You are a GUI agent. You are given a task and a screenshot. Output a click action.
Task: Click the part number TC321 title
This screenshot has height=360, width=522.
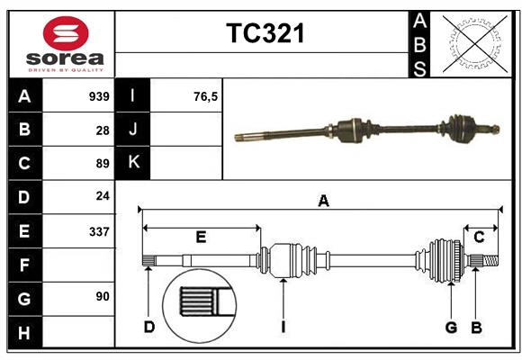pos(265,33)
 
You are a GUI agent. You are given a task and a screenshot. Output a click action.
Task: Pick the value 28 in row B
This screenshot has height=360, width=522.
pos(103,130)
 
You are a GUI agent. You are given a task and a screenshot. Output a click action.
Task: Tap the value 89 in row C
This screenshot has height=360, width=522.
pos(103,164)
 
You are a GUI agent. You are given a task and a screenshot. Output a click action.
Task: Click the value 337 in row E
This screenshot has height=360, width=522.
pos(99,231)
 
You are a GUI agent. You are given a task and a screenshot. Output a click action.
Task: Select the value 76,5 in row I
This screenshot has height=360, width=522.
pos(206,95)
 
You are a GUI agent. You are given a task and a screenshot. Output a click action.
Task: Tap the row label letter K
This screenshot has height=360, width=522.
pos(133,163)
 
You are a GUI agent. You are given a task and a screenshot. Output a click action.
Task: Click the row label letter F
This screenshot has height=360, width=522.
pos(24,265)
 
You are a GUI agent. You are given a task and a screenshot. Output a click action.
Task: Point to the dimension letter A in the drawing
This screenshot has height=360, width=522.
pos(323,202)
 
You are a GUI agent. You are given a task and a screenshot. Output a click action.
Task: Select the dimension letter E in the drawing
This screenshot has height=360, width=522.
pos(201,237)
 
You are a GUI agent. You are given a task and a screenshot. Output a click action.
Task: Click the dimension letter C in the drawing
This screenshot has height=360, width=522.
pos(480,237)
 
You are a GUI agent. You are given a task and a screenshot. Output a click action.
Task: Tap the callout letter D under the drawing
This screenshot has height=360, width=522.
pos(148,327)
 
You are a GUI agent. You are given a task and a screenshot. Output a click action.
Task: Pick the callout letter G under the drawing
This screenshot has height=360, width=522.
pos(451,327)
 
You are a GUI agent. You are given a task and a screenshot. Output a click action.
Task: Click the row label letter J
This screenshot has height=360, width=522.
pos(133,130)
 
